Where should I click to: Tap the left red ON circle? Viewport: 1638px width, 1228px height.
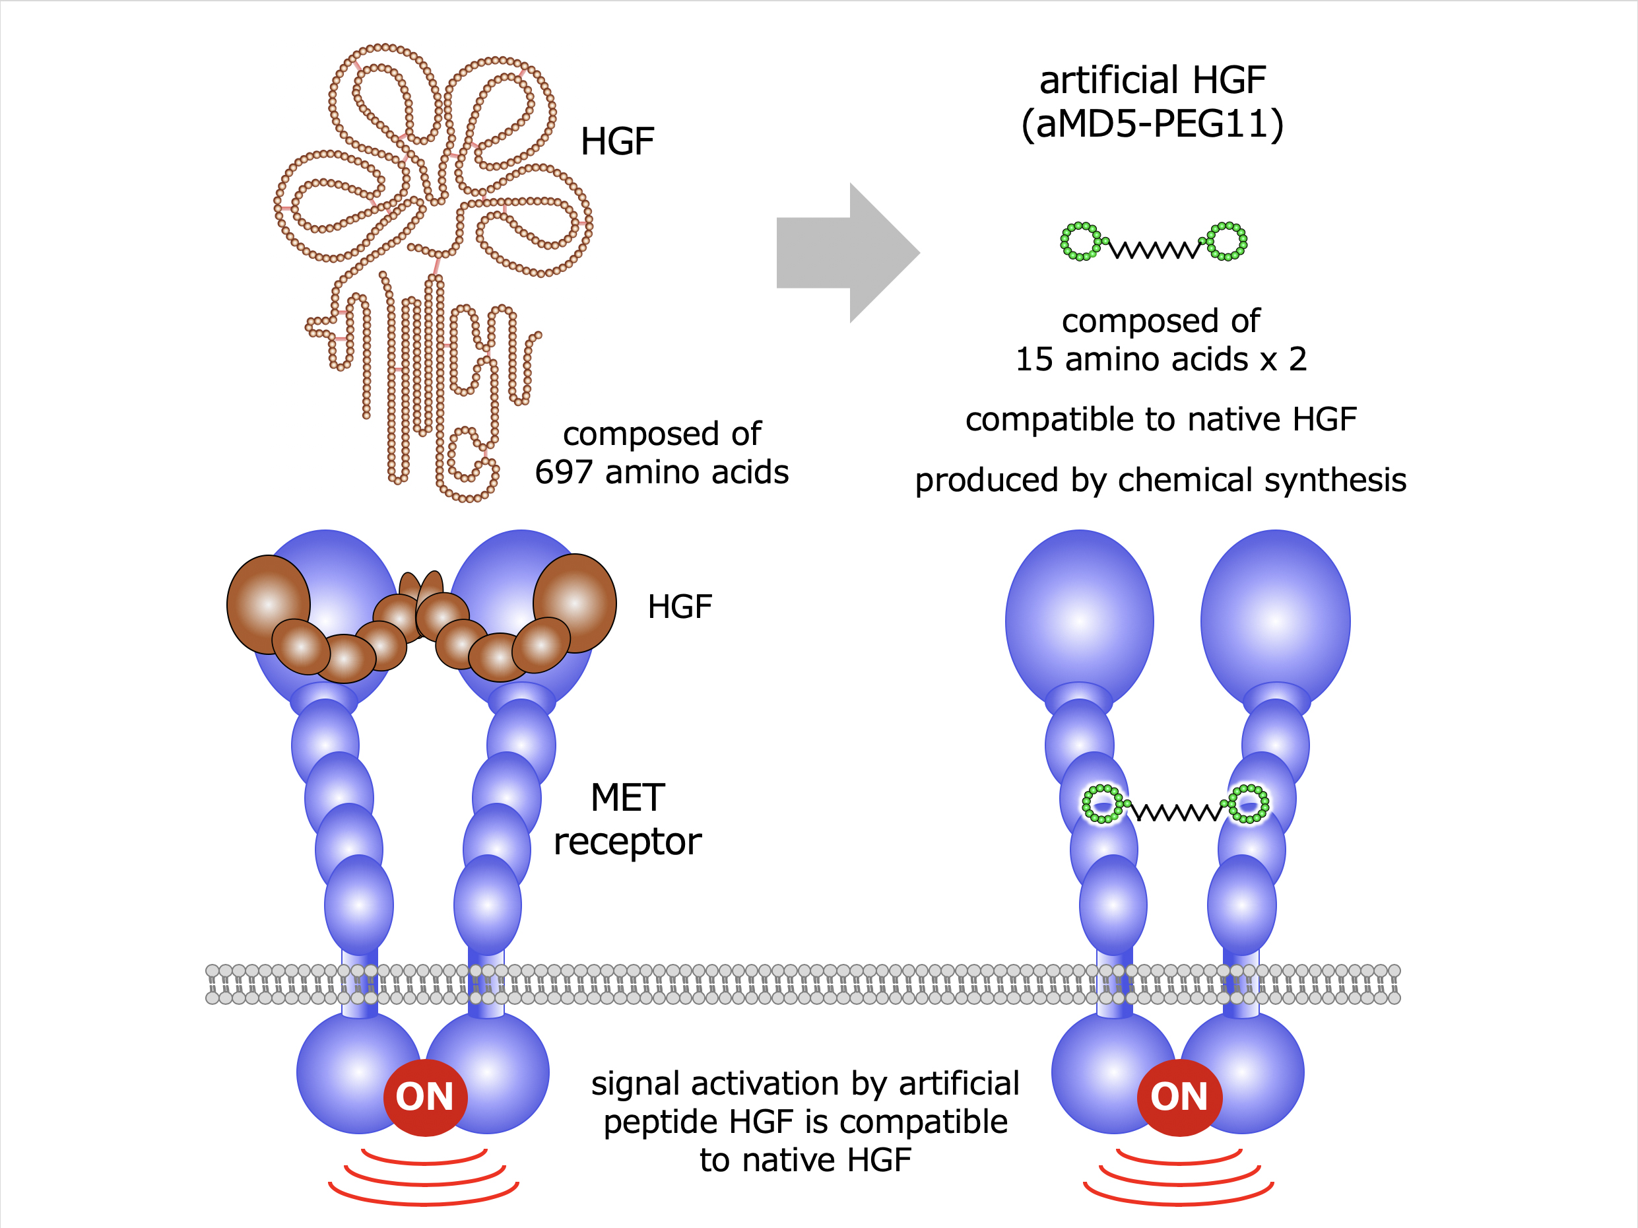pyautogui.click(x=425, y=1097)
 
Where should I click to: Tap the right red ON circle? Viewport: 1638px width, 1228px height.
pyautogui.click(x=1179, y=1097)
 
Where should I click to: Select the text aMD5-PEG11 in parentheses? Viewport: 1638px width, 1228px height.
pyautogui.click(x=1153, y=123)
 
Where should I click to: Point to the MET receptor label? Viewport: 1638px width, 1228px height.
pyautogui.click(x=627, y=819)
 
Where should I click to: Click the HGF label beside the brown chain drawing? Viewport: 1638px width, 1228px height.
pyautogui.click(x=618, y=141)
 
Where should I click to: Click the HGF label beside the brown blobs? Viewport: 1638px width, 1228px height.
pyautogui.click(x=680, y=607)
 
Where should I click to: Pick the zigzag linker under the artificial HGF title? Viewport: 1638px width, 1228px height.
pyautogui.click(x=1154, y=249)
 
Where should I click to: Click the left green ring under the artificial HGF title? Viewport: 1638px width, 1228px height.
pyautogui.click(x=1081, y=242)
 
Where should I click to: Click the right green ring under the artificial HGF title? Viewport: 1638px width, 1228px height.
pyautogui.click(x=1227, y=242)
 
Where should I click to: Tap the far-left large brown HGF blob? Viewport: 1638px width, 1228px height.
pyautogui.click(x=268, y=604)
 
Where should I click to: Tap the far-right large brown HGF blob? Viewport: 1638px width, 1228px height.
pyautogui.click(x=575, y=603)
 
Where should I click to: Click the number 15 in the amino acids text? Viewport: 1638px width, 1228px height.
pyautogui.click(x=1033, y=360)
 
